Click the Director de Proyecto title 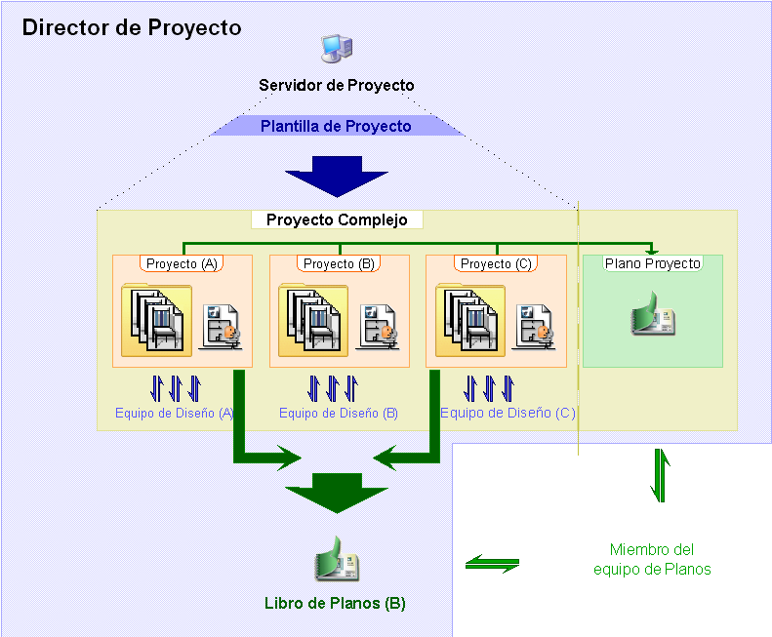[132, 27]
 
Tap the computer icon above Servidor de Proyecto [336, 50]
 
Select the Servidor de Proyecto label [336, 86]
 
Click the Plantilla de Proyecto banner [336, 126]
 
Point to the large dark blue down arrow [336, 176]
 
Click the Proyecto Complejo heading [337, 220]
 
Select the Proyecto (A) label [183, 263]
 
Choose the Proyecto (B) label [339, 263]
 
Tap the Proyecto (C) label [496, 263]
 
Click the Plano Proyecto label [652, 263]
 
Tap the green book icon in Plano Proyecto [652, 318]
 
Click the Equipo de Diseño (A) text [174, 413]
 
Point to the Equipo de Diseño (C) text [508, 413]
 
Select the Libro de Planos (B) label [335, 603]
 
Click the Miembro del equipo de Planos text [652, 560]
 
